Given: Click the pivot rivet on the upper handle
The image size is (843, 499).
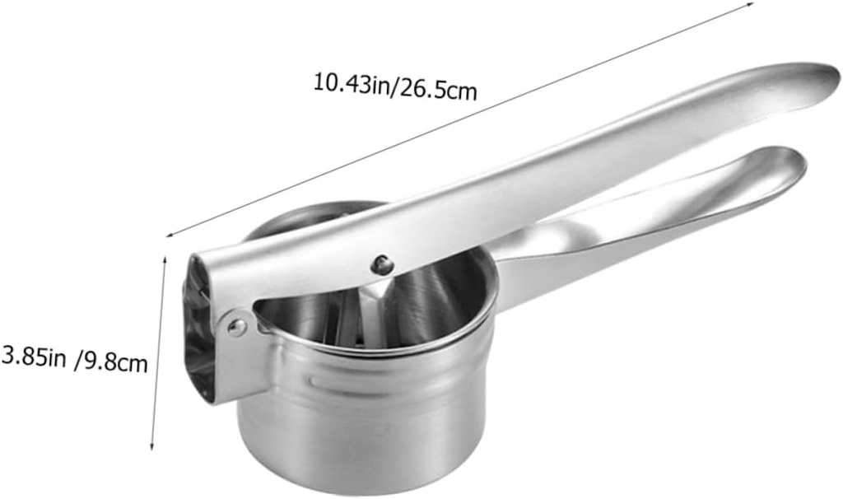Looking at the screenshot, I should coord(381,264).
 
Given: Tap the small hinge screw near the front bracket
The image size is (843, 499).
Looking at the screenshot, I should coord(236,328).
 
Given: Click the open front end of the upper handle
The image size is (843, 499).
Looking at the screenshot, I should coord(198,329).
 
